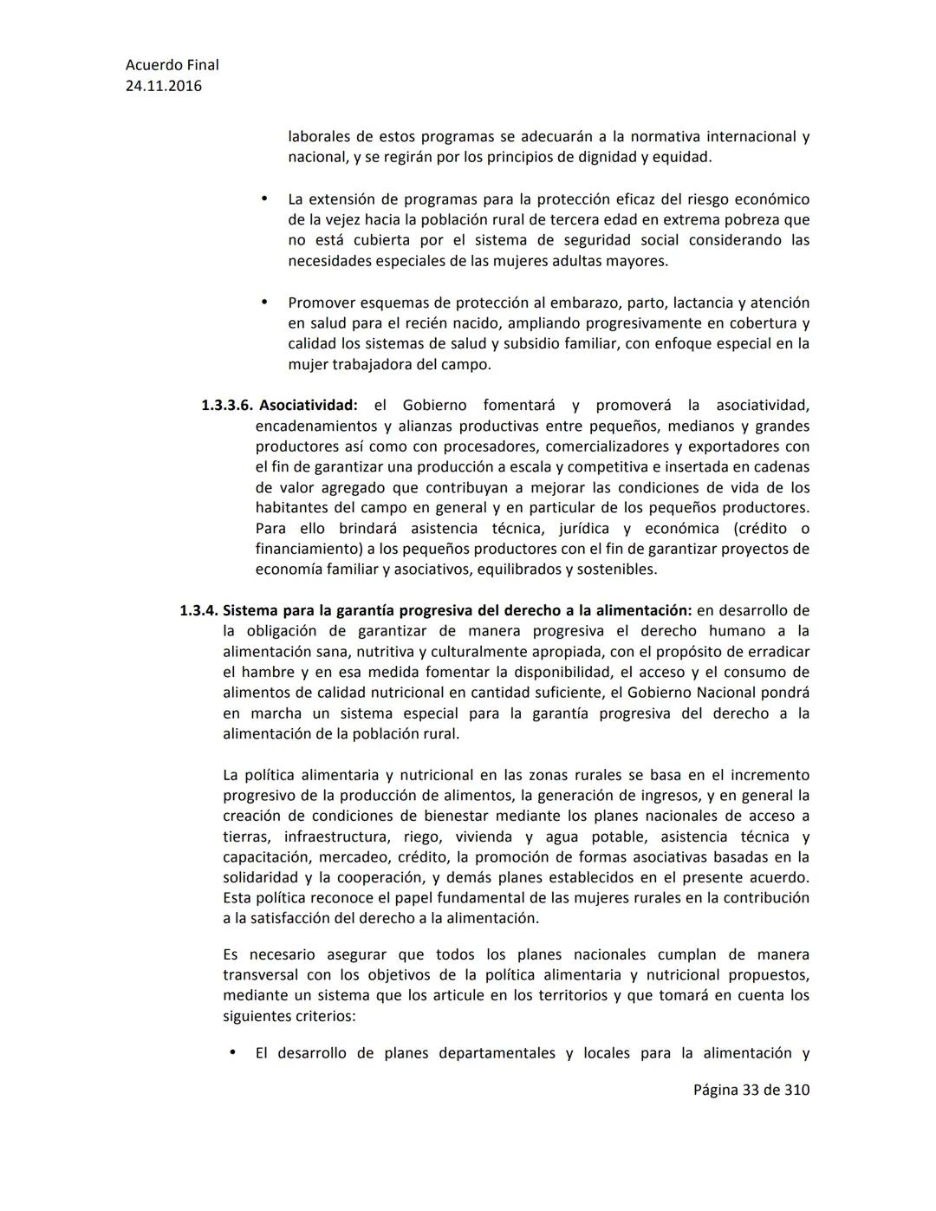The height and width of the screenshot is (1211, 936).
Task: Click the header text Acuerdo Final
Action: click(172, 65)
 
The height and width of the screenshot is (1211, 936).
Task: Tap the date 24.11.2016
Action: click(164, 86)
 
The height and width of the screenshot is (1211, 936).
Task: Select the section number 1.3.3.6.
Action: click(227, 406)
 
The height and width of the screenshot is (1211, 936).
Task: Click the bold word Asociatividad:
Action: click(308, 406)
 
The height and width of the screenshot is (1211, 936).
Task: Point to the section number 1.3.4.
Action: click(198, 611)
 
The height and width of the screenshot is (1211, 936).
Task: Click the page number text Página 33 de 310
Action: click(751, 1090)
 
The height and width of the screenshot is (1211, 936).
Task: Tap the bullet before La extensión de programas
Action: click(265, 199)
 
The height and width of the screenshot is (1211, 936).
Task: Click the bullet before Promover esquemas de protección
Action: click(265, 303)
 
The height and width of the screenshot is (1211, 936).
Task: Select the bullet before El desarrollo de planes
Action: click(232, 1053)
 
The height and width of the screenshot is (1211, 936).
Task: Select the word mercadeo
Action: click(354, 858)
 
